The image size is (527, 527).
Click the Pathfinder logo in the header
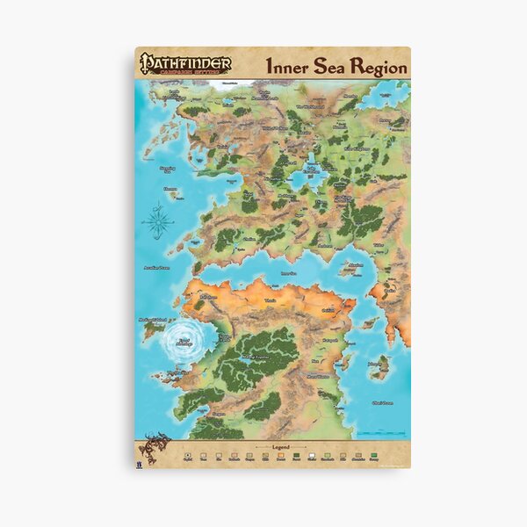point(184,64)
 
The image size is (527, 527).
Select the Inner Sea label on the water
point(286,273)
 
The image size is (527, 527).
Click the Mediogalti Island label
point(153,320)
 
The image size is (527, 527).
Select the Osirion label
point(327,309)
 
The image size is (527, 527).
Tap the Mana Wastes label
point(317,376)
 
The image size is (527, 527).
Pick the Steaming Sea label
point(167,167)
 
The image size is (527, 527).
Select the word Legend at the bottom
point(281,447)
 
